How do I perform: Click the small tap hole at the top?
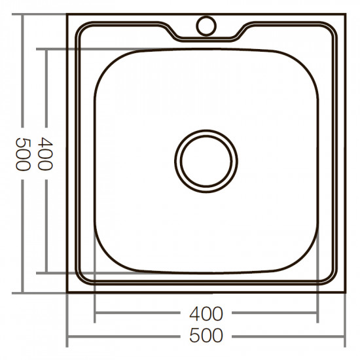pyautogui.click(x=206, y=26)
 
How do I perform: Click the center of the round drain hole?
pyautogui.click(x=206, y=160)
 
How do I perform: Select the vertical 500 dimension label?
pyautogui.click(x=23, y=154)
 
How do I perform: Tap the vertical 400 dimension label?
pyautogui.click(x=45, y=154)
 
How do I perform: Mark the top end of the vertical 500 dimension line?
pyautogui.click(x=23, y=13)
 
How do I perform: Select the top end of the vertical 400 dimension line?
pyautogui.click(x=45, y=48)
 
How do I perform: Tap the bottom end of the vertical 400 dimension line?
pyautogui.click(x=45, y=272)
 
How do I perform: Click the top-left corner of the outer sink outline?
pyautogui.click(x=67, y=13)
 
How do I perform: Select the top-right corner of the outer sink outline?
pyautogui.click(x=345, y=13)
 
